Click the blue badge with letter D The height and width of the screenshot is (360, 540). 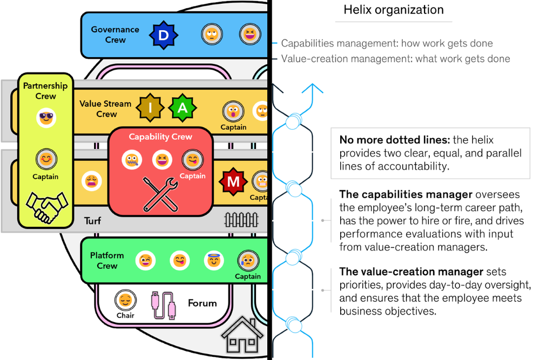(x=163, y=36)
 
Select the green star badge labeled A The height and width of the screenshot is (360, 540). (x=183, y=108)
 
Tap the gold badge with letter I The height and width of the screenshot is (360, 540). (x=151, y=108)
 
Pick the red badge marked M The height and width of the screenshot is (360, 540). (x=233, y=182)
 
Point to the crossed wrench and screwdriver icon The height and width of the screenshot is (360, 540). (x=160, y=195)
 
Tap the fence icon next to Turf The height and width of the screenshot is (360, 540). (x=241, y=220)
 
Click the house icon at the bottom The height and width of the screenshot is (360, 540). (x=242, y=338)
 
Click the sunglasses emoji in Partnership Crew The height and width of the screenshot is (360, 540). (x=46, y=118)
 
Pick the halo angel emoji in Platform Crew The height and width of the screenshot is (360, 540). (x=214, y=261)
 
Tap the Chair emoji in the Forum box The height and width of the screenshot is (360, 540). (x=125, y=301)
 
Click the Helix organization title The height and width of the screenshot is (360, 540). (x=394, y=10)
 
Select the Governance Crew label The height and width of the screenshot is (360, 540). (x=115, y=35)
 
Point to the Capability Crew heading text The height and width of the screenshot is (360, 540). (x=160, y=137)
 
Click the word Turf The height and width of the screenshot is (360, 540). (x=92, y=221)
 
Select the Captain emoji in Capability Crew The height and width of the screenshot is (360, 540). (x=192, y=160)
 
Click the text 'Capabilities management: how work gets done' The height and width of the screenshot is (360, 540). (x=387, y=44)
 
